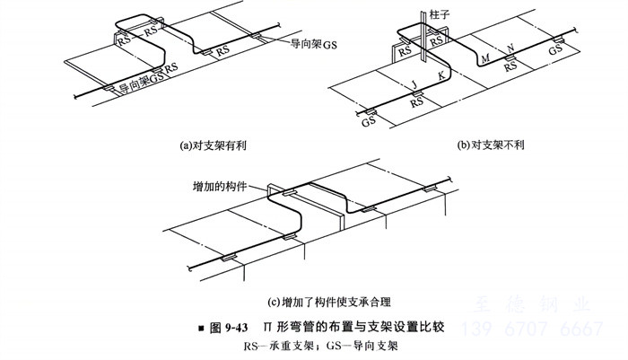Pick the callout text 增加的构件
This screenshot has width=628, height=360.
pyautogui.click(x=218, y=188)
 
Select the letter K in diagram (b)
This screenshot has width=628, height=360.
pyautogui.click(x=440, y=76)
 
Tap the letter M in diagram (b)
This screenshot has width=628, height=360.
pyautogui.click(x=485, y=57)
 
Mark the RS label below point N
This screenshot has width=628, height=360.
pyautogui.click(x=511, y=66)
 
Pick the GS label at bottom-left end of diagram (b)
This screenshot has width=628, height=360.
pyautogui.click(x=368, y=121)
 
